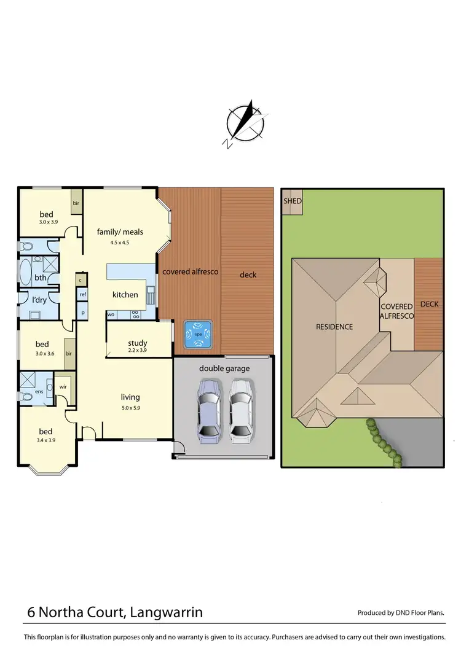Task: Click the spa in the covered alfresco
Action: (x=197, y=333)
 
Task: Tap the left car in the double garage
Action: (x=209, y=411)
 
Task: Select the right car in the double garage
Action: (x=241, y=411)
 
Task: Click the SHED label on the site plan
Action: (x=293, y=201)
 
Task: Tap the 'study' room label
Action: (x=138, y=343)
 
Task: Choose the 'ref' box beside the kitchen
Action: (x=82, y=295)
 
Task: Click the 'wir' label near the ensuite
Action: (x=63, y=387)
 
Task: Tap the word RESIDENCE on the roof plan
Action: (x=334, y=327)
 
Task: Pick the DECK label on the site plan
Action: (x=429, y=304)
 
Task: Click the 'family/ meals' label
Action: (x=120, y=232)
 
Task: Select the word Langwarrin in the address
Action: (x=166, y=612)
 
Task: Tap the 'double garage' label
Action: (x=224, y=368)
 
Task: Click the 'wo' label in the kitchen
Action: (x=111, y=314)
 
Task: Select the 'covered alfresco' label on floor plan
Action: (x=191, y=271)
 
